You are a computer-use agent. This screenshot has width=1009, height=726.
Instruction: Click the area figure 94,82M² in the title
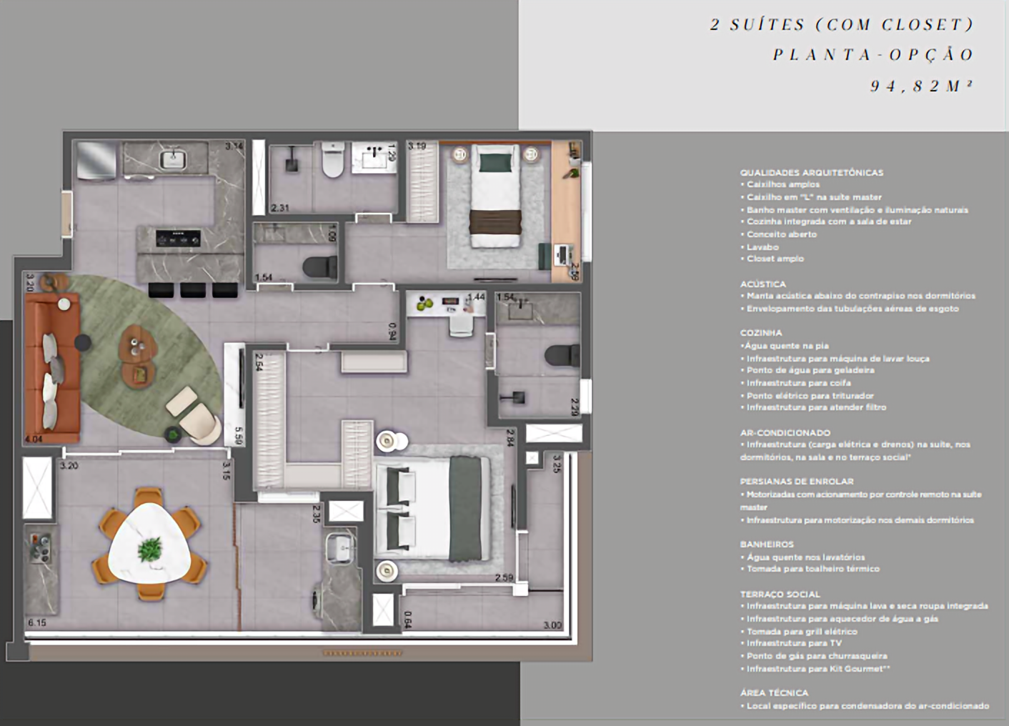coord(922,86)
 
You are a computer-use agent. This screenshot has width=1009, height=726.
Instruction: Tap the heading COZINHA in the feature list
coord(761,333)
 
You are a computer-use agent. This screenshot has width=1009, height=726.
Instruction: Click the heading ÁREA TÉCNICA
coord(774,692)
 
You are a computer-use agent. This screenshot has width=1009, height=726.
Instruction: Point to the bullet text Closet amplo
coord(775,259)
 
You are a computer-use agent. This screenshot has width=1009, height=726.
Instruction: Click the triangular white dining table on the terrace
coord(151,547)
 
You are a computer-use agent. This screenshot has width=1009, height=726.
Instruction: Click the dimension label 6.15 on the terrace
coord(37,622)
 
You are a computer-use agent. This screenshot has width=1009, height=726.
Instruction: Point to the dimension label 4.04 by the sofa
coord(34,439)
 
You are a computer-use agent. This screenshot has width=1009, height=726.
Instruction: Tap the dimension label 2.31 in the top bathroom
coord(280,208)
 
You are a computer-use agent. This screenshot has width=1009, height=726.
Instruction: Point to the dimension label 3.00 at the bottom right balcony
coord(552,625)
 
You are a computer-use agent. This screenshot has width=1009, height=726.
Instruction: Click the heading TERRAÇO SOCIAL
coord(780,594)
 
